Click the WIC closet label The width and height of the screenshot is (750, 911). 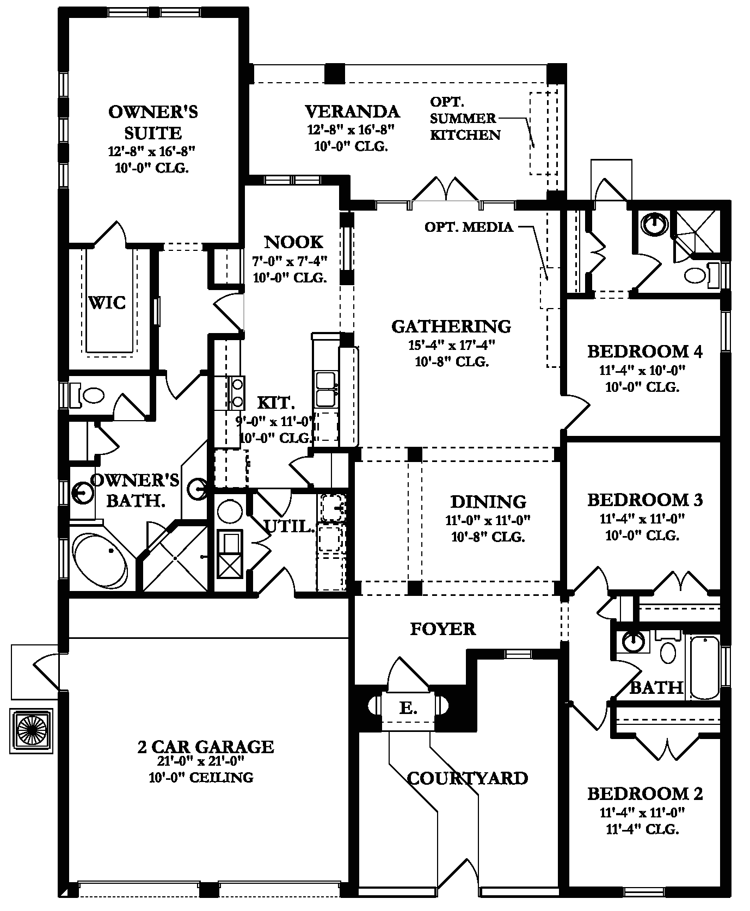click(x=107, y=303)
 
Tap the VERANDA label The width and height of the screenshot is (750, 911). click(x=353, y=112)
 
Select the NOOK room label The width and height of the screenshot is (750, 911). click(x=294, y=242)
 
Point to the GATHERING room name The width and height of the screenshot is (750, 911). click(x=451, y=326)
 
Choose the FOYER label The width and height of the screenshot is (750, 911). click(x=442, y=629)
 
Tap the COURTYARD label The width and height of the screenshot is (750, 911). click(x=468, y=778)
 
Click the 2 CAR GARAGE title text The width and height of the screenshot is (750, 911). click(x=206, y=747)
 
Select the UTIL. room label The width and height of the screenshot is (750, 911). click(x=290, y=526)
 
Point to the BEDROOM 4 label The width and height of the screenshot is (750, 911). click(x=645, y=352)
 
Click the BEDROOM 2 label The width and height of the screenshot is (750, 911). click(x=645, y=794)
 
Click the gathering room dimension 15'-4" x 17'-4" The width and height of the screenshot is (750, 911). click(x=451, y=344)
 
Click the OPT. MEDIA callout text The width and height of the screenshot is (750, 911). click(x=469, y=227)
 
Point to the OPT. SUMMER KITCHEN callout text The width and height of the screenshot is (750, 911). click(x=465, y=118)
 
